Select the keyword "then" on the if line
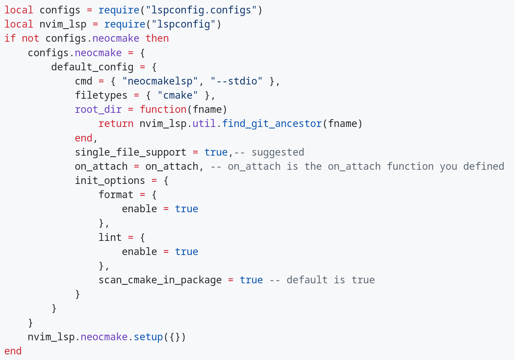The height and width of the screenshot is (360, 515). (157, 38)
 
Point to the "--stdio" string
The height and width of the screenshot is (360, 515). (236, 81)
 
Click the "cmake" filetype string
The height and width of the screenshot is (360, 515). (178, 95)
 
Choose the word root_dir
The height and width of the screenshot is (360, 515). (98, 109)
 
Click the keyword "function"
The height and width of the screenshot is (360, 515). (163, 109)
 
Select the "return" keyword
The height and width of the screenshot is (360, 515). (116, 124)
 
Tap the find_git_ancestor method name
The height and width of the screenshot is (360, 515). (272, 124)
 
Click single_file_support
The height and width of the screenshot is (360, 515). (130, 152)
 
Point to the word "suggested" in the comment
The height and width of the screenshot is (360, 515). (278, 152)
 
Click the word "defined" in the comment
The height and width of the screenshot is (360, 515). (483, 166)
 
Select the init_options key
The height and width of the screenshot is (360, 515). (110, 181)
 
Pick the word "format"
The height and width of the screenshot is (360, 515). (116, 195)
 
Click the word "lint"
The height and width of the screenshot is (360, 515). (110, 238)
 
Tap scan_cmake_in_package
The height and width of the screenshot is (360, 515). (160, 280)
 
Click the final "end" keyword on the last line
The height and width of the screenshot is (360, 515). (13, 351)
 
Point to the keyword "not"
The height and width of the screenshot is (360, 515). (31, 38)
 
